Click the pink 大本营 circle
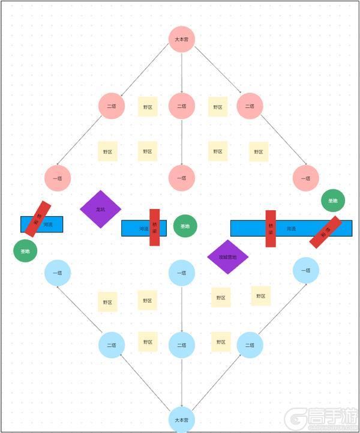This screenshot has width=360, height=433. (x=181, y=40)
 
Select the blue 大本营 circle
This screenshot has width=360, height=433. (x=181, y=419)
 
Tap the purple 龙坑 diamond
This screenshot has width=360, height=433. (x=101, y=209)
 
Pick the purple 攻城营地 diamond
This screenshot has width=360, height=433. (x=228, y=257)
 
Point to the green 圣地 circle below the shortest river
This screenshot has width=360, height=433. (x=26, y=251)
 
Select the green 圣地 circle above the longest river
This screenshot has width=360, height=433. (x=333, y=200)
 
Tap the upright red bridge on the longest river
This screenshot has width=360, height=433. (x=271, y=228)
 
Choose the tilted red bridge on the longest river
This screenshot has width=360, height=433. (x=326, y=232)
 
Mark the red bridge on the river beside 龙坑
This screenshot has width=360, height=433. (x=154, y=228)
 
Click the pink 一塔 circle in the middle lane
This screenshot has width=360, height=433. (x=181, y=178)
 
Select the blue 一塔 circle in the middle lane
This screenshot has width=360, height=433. (x=181, y=273)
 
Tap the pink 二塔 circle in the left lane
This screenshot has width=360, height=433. (x=112, y=106)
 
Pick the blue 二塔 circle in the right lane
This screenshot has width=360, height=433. (x=250, y=345)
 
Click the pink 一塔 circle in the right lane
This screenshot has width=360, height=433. (x=305, y=178)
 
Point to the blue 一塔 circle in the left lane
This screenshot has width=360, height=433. (x=58, y=273)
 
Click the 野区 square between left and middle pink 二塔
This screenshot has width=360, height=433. (x=148, y=107)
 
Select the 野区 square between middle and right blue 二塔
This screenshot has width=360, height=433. (x=218, y=342)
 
